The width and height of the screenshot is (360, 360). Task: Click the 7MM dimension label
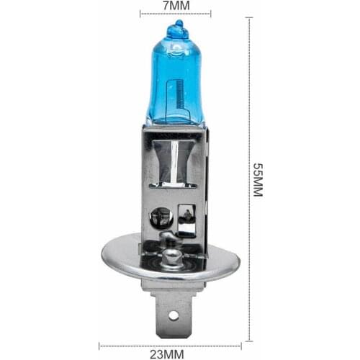(176, 6)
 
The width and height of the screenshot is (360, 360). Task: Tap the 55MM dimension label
(258, 180)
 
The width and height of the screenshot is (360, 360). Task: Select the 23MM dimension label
(167, 354)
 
